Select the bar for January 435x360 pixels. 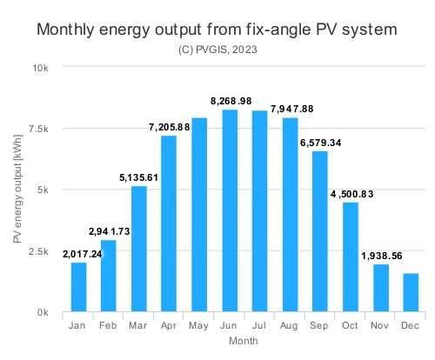click(x=78, y=287)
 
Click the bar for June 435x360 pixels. click(x=230, y=210)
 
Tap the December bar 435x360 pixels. click(x=411, y=292)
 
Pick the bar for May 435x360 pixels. click(x=199, y=215)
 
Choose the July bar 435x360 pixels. click(x=260, y=211)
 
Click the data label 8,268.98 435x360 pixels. click(x=231, y=101)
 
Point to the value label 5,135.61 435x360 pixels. click(x=138, y=177)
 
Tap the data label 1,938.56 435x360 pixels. click(x=382, y=256)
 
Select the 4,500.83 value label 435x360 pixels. click(x=351, y=194)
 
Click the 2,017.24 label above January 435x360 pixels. click(x=83, y=254)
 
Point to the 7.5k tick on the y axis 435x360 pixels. click(x=38, y=129)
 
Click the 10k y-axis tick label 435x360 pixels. click(x=40, y=68)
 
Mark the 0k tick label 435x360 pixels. click(x=43, y=312)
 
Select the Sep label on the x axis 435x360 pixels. click(x=318, y=325)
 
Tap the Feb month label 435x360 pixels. click(x=108, y=325)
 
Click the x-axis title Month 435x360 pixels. click(x=244, y=341)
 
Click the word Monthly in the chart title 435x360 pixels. click(x=65, y=30)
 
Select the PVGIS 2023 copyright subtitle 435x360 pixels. click(x=217, y=50)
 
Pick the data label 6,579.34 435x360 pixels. click(x=320, y=143)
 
